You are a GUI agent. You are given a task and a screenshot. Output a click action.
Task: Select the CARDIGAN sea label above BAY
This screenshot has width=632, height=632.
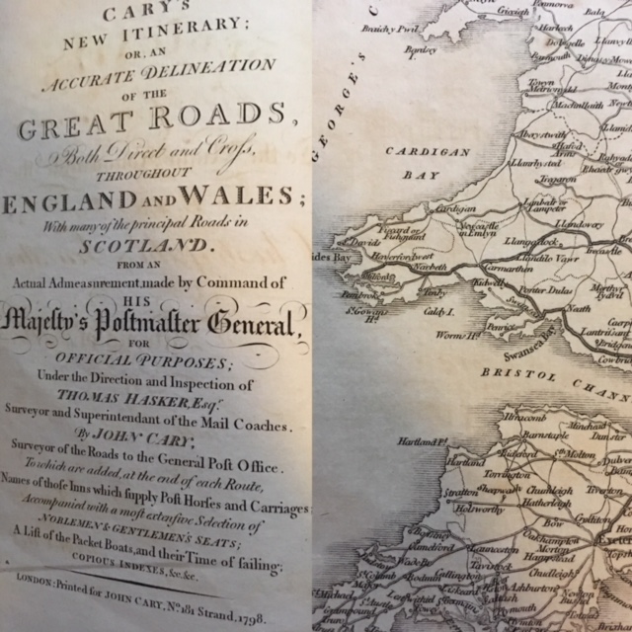(x=416, y=152)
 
